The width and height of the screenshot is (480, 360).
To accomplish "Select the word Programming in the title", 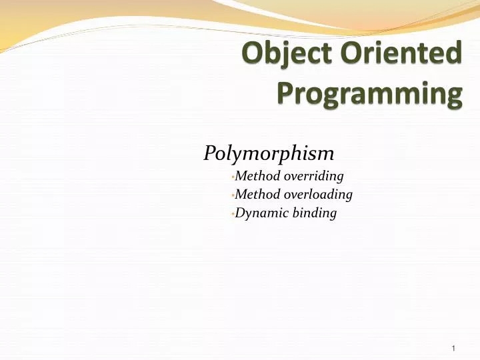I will [x=369, y=95].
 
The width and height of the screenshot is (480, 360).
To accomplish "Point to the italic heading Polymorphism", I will [x=269, y=155].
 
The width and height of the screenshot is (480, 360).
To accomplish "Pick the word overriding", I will [x=313, y=177].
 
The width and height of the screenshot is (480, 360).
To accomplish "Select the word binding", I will [x=315, y=213].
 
